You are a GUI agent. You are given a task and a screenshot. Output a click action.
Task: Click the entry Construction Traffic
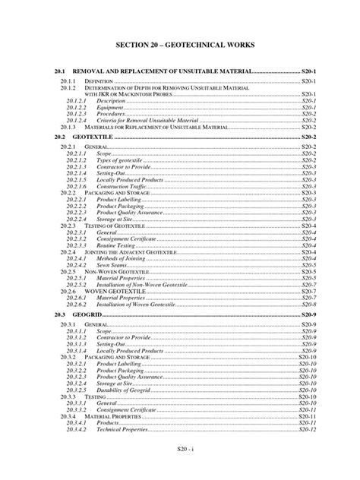pos(122,186)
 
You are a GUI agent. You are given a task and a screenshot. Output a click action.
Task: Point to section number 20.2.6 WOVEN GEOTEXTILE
pos(69,291)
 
